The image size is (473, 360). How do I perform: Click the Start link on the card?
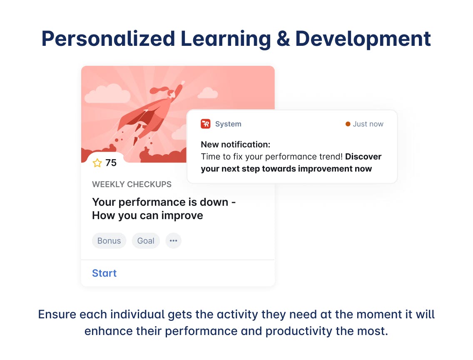click(104, 273)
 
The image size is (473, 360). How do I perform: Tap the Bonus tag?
click(109, 241)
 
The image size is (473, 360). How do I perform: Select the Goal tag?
click(146, 241)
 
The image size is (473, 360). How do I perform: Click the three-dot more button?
click(174, 241)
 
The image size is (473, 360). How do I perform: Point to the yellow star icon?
click(97, 163)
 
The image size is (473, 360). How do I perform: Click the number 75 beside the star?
click(111, 163)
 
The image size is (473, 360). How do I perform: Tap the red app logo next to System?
click(206, 124)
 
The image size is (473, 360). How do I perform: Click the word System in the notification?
click(228, 124)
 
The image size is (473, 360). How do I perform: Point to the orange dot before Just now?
click(348, 124)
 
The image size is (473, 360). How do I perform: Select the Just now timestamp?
click(368, 124)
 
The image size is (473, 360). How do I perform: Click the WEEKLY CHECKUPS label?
click(132, 185)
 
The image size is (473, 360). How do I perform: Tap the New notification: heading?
click(236, 145)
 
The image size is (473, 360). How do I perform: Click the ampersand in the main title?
click(283, 39)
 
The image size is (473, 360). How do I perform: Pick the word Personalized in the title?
click(108, 39)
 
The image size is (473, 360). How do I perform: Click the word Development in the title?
click(363, 39)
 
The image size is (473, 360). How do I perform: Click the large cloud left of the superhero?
click(107, 94)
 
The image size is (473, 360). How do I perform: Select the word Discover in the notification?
click(363, 157)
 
